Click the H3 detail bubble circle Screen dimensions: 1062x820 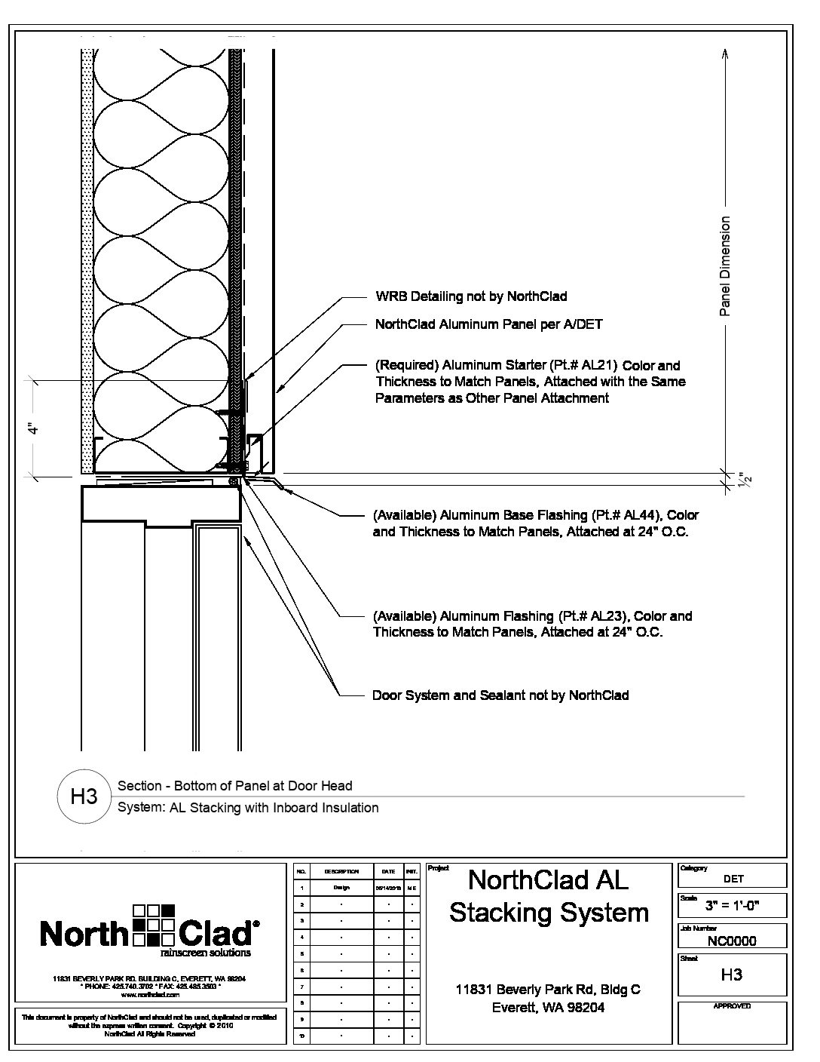(x=84, y=796)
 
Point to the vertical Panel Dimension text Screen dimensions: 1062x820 (x=725, y=265)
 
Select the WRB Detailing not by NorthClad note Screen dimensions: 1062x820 (x=471, y=296)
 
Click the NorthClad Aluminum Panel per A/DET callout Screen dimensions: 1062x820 (x=488, y=324)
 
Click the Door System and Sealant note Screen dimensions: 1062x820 (x=500, y=695)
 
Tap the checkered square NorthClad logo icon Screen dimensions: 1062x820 (x=153, y=925)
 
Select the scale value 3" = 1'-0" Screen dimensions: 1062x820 (x=731, y=906)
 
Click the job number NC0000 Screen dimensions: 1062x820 (x=731, y=941)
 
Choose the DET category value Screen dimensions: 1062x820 (x=733, y=879)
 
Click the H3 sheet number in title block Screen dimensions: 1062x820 (x=731, y=975)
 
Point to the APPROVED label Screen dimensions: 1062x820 (x=732, y=1006)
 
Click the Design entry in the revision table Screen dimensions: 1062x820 (x=341, y=888)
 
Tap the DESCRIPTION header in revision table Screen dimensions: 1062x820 (x=341, y=871)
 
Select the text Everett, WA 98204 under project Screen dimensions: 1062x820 (x=548, y=1007)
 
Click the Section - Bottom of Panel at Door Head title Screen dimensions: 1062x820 (x=235, y=786)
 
